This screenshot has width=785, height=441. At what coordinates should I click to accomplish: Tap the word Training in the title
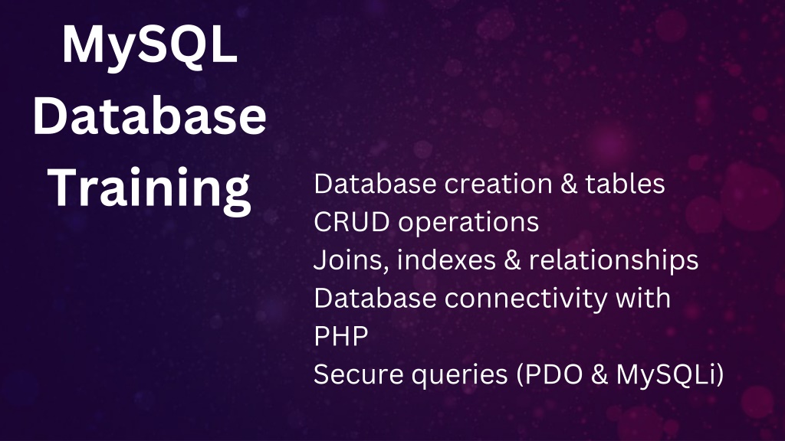point(149,189)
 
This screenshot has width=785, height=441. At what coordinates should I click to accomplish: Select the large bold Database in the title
point(149,116)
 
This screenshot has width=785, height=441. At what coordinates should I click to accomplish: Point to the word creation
point(498,184)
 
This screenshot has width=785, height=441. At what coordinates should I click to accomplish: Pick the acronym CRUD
point(351,222)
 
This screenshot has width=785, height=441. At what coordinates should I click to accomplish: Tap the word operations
point(468,223)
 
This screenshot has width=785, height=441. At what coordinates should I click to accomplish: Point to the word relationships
point(614,261)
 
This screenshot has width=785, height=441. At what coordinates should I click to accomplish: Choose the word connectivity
point(526,299)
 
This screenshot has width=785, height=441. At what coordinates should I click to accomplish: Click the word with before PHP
point(643,298)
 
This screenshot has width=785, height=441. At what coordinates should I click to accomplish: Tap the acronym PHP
point(341,337)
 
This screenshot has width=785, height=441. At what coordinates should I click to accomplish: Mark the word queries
point(460,376)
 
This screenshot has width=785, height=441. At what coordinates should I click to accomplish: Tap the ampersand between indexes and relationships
point(513,260)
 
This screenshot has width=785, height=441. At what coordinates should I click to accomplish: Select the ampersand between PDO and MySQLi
point(599,375)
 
